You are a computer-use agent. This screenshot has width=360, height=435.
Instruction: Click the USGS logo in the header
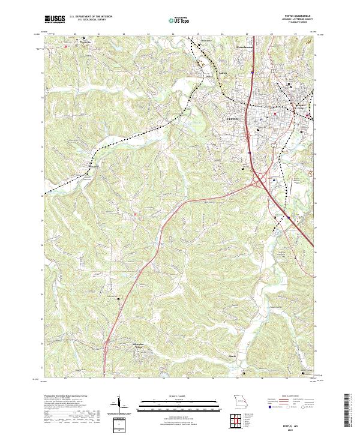tap(55, 20)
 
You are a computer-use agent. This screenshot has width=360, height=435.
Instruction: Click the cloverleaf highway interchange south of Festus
tap(262, 176)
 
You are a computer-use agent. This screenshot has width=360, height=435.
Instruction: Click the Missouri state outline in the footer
tap(240, 400)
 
